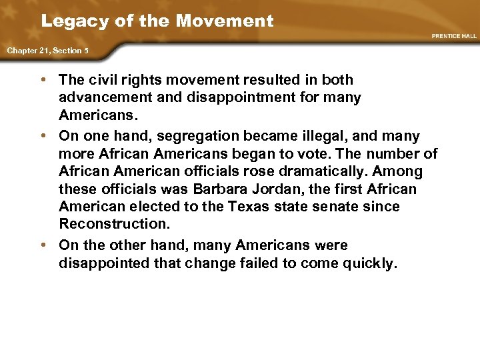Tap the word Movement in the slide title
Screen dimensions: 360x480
[x=225, y=21]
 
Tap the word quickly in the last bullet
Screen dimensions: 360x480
[x=370, y=263]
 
